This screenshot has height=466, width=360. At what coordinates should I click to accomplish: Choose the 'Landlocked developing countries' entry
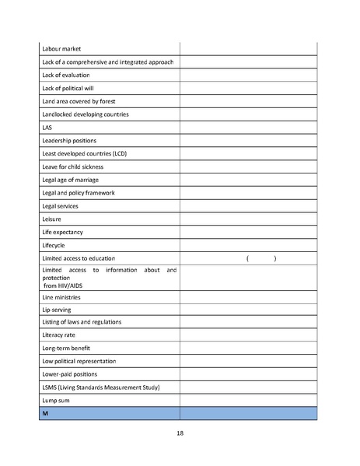pyautogui.click(x=85, y=114)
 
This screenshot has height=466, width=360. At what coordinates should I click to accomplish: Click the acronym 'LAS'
pyautogui.click(x=47, y=128)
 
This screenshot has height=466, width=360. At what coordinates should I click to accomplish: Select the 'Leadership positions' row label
pyautogui.click(x=69, y=141)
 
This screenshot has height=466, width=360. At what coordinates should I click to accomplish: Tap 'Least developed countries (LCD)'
pyautogui.click(x=84, y=153)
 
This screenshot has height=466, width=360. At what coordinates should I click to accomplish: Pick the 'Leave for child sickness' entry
pyautogui.click(x=72, y=166)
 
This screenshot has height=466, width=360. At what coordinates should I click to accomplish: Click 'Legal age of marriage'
pyautogui.click(x=70, y=180)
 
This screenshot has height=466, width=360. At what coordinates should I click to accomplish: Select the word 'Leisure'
pyautogui.click(x=51, y=219)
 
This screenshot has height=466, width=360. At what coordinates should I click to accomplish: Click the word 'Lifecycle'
pyautogui.click(x=54, y=245)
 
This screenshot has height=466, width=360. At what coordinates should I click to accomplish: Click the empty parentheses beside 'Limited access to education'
pyautogui.click(x=260, y=258)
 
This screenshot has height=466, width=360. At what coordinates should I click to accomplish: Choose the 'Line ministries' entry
pyautogui.click(x=61, y=297)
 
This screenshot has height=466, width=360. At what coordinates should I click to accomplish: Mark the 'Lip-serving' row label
pyautogui.click(x=57, y=310)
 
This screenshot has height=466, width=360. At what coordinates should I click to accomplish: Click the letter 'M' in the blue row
pyautogui.click(x=45, y=414)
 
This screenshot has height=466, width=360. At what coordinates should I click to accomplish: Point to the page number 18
pyautogui.click(x=180, y=433)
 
